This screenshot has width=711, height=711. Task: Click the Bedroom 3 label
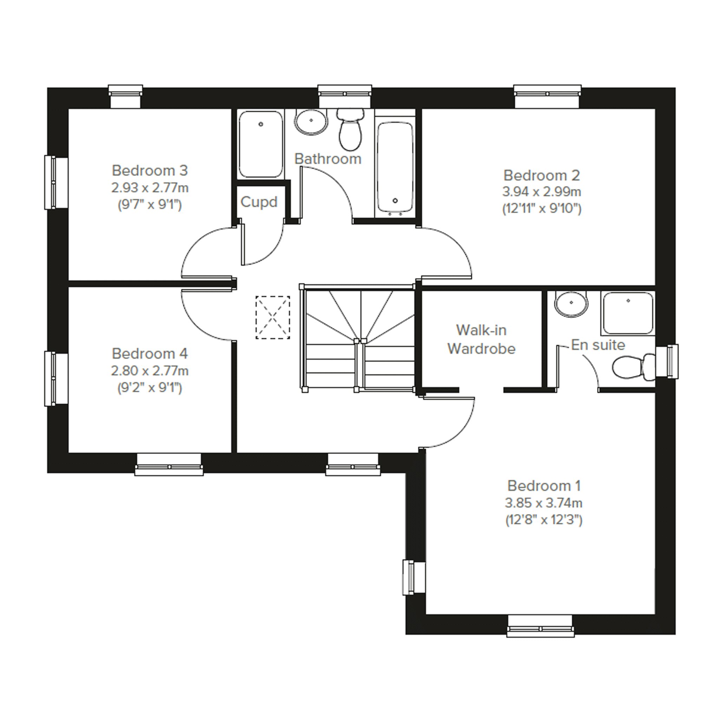[x=150, y=170]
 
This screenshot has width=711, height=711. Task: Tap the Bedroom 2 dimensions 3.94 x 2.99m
[x=542, y=191]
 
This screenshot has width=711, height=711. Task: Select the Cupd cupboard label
[x=259, y=202]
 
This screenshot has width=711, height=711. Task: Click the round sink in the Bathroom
[x=311, y=121]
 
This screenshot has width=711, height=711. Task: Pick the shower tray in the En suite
[x=628, y=314]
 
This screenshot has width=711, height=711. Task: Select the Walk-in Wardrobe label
[x=481, y=339]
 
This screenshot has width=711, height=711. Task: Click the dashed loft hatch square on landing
[x=273, y=317]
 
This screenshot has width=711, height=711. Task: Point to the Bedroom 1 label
[x=544, y=486]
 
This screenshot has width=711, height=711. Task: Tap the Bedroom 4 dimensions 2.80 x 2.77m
[x=150, y=370]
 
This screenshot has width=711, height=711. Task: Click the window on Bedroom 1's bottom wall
[x=541, y=626]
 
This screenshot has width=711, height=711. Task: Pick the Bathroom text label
[x=328, y=159]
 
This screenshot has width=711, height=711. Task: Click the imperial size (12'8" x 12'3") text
[x=544, y=520]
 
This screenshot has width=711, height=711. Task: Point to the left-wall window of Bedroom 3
[x=56, y=183]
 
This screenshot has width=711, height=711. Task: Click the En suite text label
[x=598, y=345]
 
